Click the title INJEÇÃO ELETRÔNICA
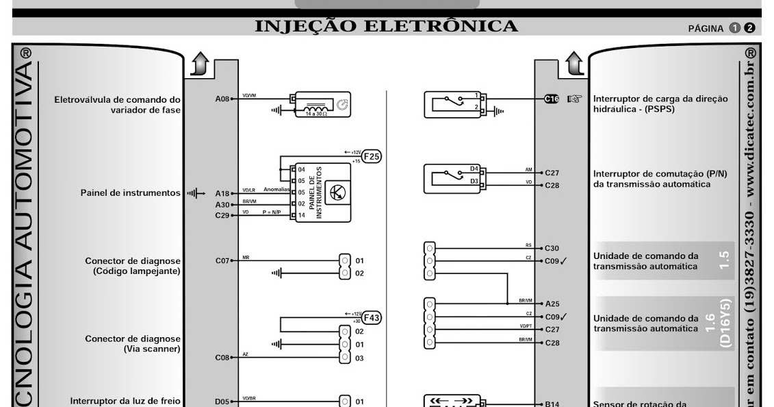[x=386, y=26]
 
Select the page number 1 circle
[x=735, y=28]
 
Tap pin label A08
[x=222, y=99]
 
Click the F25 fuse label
[x=372, y=156]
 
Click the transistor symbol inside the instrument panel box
[x=337, y=193]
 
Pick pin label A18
[x=222, y=194]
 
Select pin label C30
[x=552, y=248]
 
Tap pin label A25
[x=552, y=304]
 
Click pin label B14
[x=552, y=404]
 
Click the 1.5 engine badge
[x=725, y=259]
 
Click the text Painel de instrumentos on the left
[x=130, y=193]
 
